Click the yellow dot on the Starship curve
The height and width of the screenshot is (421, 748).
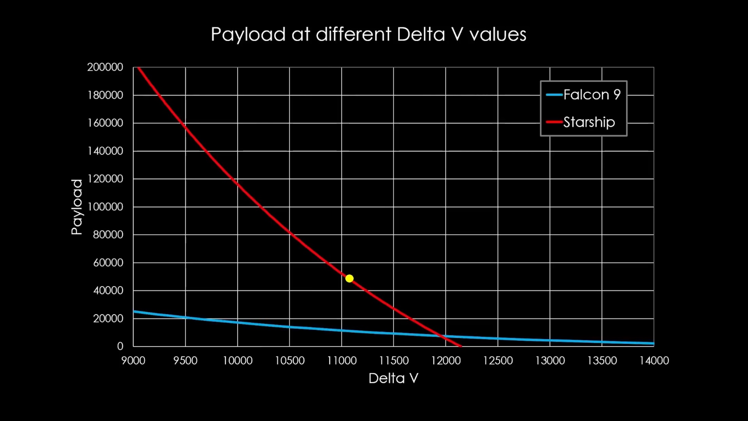point(349,278)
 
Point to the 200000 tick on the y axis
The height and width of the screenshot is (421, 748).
point(105,67)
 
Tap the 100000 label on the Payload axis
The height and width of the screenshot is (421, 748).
point(105,207)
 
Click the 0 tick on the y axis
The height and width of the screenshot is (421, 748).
point(120,346)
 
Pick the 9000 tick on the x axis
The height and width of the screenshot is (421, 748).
point(133,360)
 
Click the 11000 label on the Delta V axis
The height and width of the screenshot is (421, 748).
point(341,360)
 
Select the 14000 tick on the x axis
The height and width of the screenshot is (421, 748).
point(654,360)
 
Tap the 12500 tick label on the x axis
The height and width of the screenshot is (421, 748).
point(498,360)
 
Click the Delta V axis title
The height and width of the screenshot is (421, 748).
point(393,378)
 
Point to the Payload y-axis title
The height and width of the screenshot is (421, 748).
point(77,207)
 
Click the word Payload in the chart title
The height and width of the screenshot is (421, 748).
point(248,35)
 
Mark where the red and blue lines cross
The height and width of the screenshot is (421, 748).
point(442,336)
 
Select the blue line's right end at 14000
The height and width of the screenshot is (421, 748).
point(653,343)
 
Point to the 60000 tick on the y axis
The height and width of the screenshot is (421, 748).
point(108,263)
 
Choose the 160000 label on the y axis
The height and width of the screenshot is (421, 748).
point(105,123)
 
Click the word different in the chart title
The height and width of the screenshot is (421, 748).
point(353,35)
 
